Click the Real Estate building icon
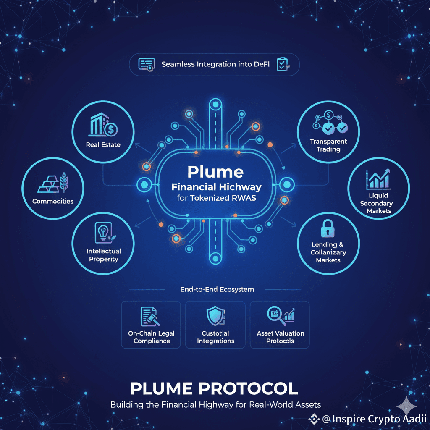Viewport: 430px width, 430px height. coord(103,125)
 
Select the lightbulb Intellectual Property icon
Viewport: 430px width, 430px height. coord(103,232)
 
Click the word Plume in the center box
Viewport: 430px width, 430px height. coord(215,172)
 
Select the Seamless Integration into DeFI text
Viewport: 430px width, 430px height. coord(216,65)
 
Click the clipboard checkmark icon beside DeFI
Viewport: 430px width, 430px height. coord(282,64)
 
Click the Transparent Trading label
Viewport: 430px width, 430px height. coord(328,145)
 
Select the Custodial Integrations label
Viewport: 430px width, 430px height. coord(215,337)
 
